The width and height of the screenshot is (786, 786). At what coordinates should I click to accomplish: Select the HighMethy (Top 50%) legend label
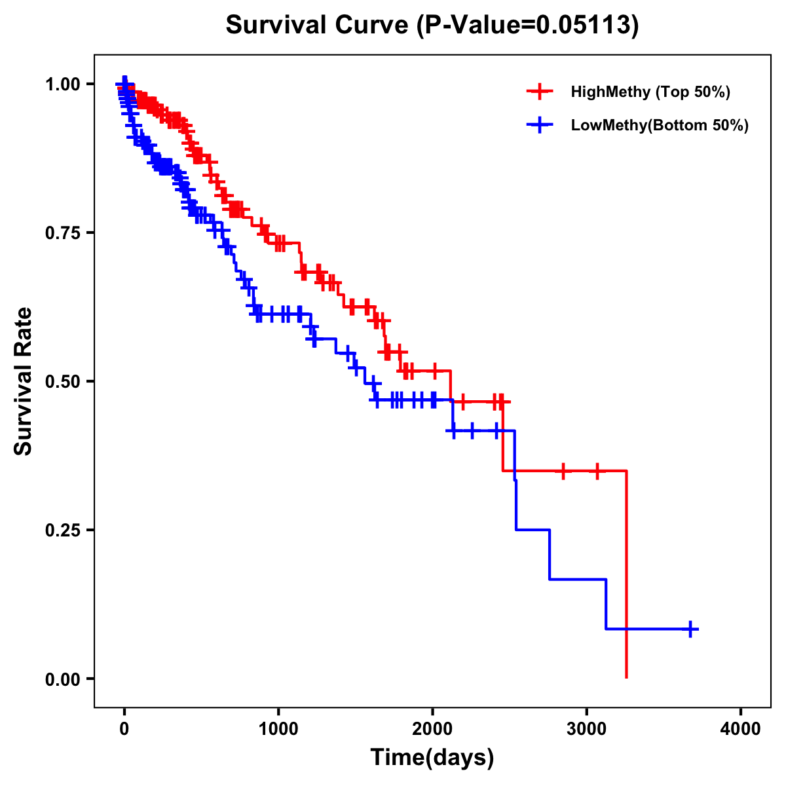coord(650,92)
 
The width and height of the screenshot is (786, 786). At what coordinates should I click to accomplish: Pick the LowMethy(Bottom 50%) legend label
coord(660,126)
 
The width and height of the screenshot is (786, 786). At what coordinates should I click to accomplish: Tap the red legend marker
coord(539,92)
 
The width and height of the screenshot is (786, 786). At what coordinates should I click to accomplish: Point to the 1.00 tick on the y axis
coord(63,84)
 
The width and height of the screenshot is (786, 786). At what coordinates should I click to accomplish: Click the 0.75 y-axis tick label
coord(63,233)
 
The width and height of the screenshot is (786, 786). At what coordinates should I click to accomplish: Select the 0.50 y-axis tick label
coord(63,381)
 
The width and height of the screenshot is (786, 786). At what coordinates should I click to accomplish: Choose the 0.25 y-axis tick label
coord(63,530)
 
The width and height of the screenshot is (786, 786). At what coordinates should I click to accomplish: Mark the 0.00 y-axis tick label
coord(63,679)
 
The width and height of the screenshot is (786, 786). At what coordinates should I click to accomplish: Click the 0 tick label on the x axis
coord(124,728)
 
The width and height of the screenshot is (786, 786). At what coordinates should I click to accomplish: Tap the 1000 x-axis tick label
coord(278,728)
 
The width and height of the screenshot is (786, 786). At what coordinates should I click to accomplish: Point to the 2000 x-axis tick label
coord(432,728)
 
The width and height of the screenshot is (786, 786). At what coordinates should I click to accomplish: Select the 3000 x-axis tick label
coord(587,728)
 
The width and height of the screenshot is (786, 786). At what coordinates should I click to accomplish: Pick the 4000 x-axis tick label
coord(741,728)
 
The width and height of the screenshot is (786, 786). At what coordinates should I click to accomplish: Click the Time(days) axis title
coord(432,758)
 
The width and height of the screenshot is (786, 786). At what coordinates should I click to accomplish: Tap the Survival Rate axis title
coord(24,381)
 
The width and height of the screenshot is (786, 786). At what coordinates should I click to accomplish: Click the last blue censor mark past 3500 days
coord(690,629)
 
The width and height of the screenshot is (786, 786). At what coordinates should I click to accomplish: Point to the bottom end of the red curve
coord(627,677)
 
